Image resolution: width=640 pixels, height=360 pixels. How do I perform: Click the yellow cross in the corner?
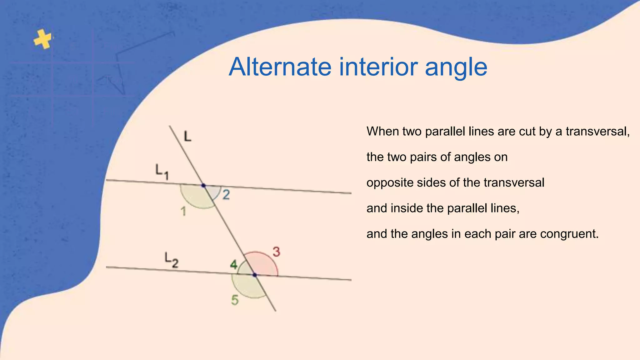click(43, 39)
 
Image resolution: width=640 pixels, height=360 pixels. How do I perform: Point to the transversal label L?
click(187, 137)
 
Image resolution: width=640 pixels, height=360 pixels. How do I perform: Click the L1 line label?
click(162, 172)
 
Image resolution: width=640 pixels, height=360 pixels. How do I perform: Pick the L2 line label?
click(172, 260)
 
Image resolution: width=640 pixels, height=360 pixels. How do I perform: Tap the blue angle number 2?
click(226, 195)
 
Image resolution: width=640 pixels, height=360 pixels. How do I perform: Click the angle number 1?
click(183, 212)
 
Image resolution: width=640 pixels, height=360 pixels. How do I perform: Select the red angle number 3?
click(276, 252)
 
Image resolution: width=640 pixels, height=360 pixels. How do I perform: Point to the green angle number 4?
click(234, 265)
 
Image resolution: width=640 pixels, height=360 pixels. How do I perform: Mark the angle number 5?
click(235, 300)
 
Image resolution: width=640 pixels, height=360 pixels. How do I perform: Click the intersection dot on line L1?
click(203, 186)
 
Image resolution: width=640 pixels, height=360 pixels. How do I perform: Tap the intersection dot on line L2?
click(255, 275)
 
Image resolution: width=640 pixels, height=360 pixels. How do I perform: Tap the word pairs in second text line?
click(423, 157)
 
